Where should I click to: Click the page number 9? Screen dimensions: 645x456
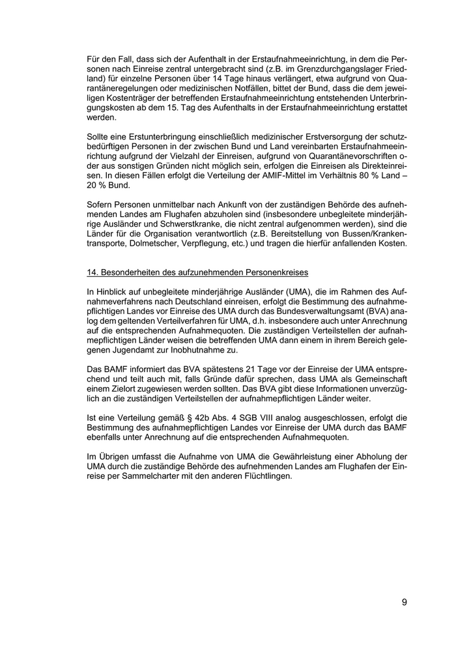coord(405,602)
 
